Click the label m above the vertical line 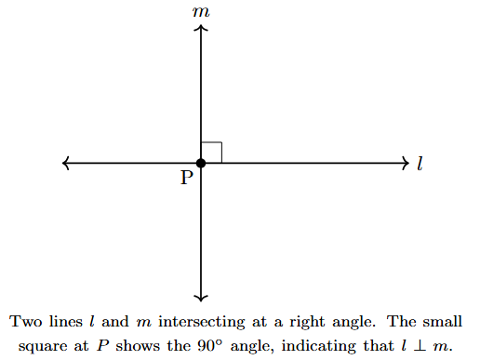pos(200,12)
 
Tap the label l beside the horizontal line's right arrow pos(420,164)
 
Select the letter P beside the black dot pos(187,178)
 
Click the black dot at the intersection pos(201,164)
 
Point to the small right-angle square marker pos(211,153)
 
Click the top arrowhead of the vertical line pos(201,30)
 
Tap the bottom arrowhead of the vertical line pos(201,297)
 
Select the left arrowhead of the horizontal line pos(66,164)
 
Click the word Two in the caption pos(25,323)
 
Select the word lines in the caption pos(65,323)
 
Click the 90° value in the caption pos(230,345)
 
